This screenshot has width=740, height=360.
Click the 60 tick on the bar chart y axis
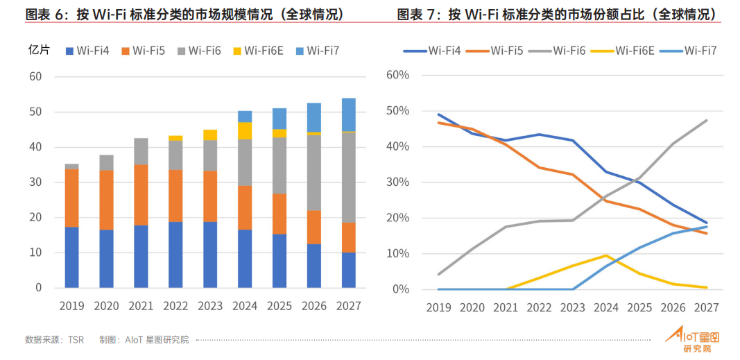pos(35,76)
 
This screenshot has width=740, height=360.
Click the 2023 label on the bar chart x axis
pos(210,306)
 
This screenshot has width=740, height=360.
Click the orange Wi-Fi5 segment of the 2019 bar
pos(71,198)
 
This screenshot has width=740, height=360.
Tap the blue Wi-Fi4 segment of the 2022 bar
pos(175,254)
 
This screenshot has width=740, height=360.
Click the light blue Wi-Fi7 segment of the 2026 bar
pos(313,117)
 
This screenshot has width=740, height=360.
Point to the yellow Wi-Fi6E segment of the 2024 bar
pos(245,130)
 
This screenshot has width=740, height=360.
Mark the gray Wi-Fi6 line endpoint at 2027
pos(707,121)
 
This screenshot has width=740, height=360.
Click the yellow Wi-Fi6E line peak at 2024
pos(607,255)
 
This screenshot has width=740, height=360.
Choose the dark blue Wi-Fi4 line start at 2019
pos(438,114)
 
